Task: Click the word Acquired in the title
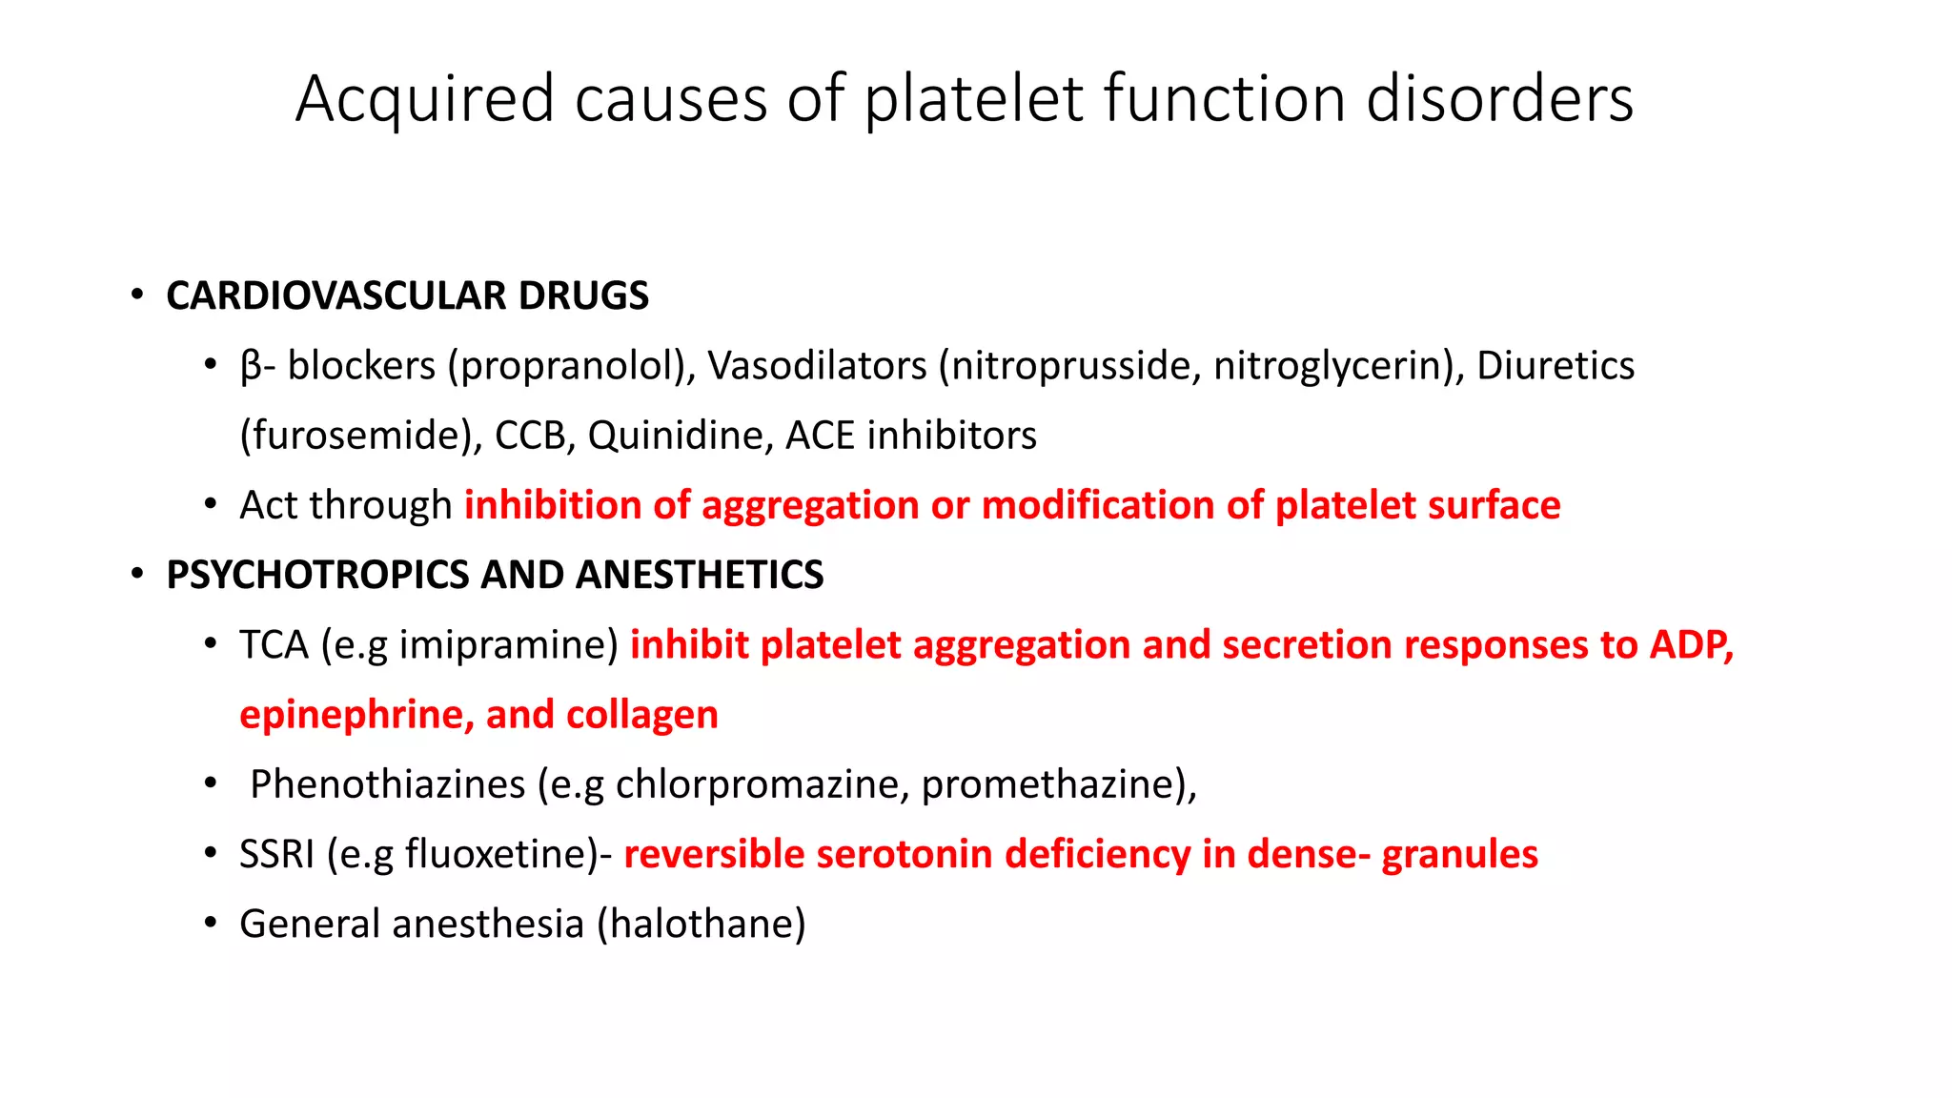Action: tap(424, 100)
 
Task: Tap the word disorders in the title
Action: tap(1499, 100)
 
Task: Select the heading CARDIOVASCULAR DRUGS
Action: tap(407, 295)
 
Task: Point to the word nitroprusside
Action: tap(1074, 366)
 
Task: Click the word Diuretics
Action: tap(1555, 366)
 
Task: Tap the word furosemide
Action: tap(360, 436)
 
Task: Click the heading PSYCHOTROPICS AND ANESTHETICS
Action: tap(495, 575)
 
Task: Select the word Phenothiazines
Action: tap(387, 784)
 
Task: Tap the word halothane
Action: tap(701, 924)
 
